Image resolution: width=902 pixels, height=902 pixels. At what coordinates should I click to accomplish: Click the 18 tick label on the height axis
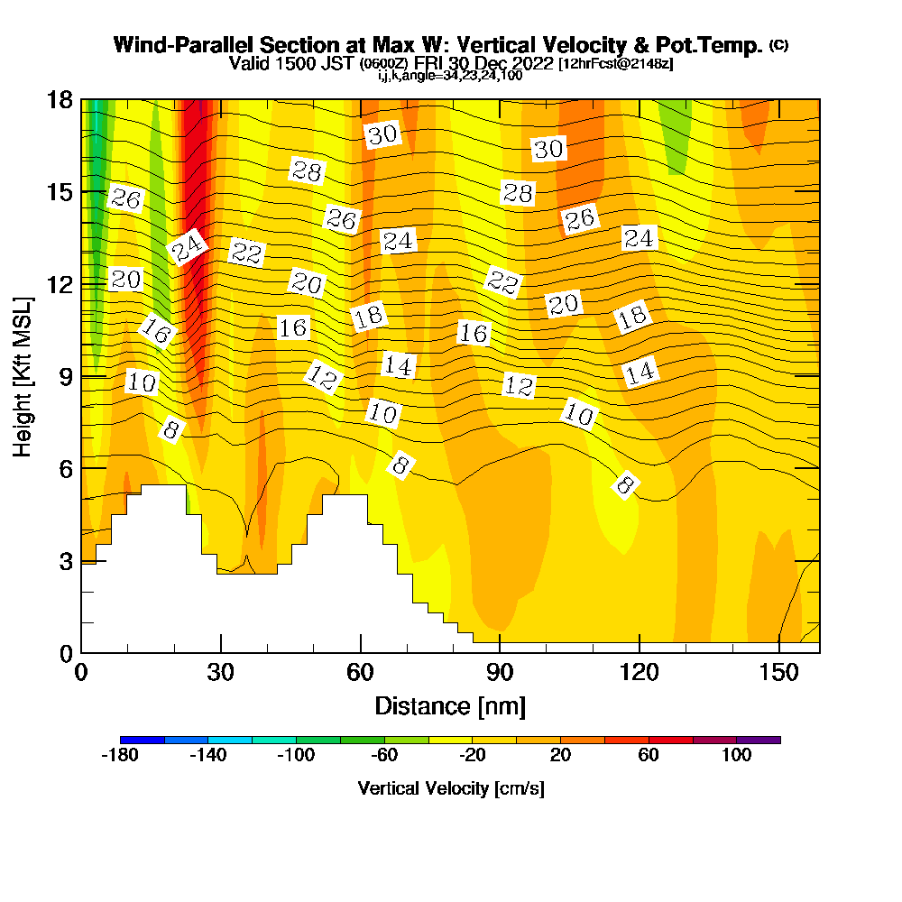tap(60, 99)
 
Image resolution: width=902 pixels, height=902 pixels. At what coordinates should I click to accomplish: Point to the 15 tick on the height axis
tap(60, 192)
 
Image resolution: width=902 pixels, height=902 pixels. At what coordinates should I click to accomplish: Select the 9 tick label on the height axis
tap(65, 375)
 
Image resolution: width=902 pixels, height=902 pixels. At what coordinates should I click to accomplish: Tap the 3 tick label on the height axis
tap(65, 560)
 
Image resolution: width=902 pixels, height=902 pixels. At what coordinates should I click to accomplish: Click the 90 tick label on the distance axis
tap(500, 672)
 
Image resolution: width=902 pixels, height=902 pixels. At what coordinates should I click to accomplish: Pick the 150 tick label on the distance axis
tap(778, 672)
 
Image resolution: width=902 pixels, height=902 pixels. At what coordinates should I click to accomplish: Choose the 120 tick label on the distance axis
tap(639, 672)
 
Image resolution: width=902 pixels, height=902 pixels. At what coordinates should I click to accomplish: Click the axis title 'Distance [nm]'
tap(450, 705)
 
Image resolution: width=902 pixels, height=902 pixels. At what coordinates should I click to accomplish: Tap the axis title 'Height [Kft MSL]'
tap(23, 375)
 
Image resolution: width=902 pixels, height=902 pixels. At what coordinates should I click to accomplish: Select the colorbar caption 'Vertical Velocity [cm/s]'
tap(450, 788)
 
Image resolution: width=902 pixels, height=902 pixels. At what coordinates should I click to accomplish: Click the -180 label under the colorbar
tap(120, 756)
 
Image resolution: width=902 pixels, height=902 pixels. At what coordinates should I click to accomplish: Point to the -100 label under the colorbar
tap(297, 756)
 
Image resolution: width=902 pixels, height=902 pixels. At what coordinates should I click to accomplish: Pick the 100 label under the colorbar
tap(737, 756)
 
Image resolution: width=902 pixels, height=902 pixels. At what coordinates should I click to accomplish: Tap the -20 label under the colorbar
tap(473, 756)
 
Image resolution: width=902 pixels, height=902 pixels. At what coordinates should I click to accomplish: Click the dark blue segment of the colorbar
tap(143, 740)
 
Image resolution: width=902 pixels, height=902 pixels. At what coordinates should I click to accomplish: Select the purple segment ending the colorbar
tap(759, 740)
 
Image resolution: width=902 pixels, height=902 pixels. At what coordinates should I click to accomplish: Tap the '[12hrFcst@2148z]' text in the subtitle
tap(616, 65)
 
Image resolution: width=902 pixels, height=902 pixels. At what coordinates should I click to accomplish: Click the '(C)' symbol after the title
tap(778, 44)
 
